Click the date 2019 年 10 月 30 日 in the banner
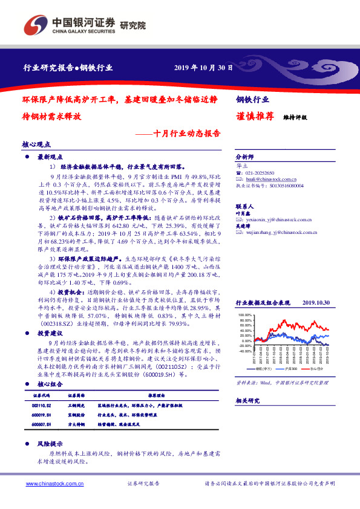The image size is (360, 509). (x=204, y=67)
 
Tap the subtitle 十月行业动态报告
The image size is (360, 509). (x=186, y=133)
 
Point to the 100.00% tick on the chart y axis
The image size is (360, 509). (x=244, y=315)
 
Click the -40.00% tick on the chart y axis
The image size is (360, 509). (x=244, y=350)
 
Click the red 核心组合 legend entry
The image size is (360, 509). (x=315, y=368)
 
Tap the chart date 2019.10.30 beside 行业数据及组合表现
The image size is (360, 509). (x=315, y=302)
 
